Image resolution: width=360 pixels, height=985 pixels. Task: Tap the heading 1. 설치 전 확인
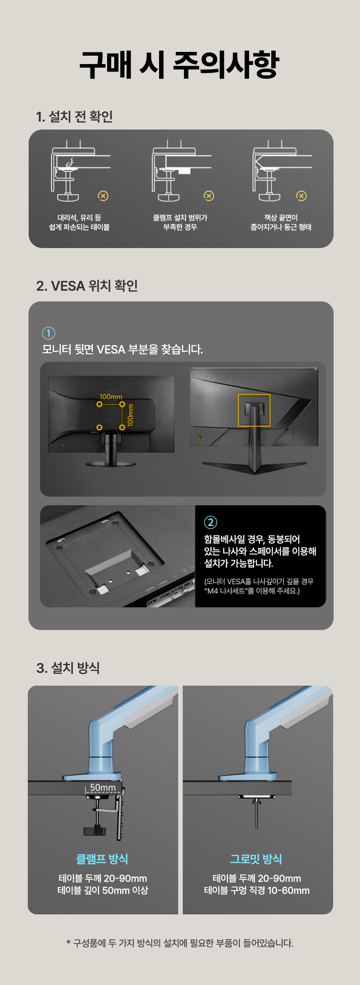point(75,116)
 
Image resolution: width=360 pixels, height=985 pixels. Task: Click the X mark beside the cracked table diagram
point(103,196)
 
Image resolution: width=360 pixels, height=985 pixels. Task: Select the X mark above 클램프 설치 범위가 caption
point(208,196)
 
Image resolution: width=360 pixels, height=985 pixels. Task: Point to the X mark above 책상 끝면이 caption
point(301,196)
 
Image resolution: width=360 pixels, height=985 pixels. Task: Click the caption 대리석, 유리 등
point(79,218)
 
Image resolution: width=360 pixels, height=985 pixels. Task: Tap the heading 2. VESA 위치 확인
point(87,286)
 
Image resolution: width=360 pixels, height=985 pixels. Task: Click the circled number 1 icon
point(49,333)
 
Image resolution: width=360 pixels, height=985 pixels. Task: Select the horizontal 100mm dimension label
point(111,396)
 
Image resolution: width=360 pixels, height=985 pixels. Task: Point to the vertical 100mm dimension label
point(130,415)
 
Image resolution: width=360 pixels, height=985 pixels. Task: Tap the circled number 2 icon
point(211,522)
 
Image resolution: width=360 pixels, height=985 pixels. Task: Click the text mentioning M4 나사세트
point(252,591)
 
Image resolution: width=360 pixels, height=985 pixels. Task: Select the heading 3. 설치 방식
point(68,668)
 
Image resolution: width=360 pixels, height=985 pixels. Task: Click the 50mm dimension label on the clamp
point(103,787)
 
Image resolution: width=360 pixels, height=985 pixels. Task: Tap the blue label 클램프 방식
point(102,859)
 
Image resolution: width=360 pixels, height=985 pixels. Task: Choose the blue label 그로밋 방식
point(256,859)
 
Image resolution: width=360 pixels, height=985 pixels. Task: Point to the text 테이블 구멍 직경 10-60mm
point(257,890)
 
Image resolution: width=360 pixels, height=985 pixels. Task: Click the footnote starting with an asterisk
point(180,943)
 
